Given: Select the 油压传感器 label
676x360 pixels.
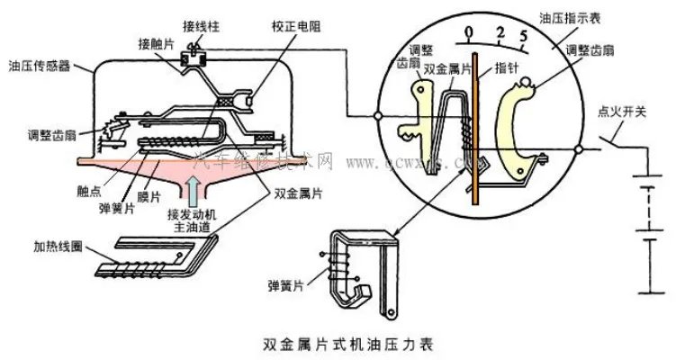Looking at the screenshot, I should coord(37,65).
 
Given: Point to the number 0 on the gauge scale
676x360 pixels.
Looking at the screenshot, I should coord(468,33).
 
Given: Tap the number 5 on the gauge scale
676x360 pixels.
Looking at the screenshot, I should coord(523,39).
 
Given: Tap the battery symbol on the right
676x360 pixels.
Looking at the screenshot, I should coord(643,234).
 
